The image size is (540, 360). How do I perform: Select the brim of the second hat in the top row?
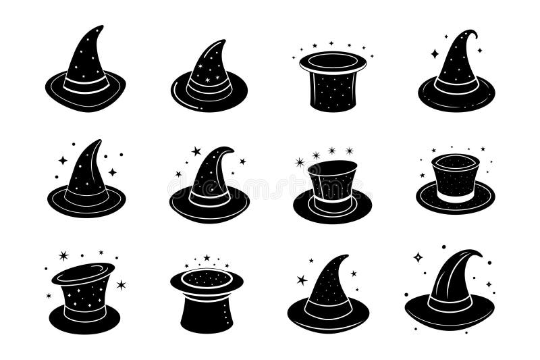pyautogui.click(x=209, y=100)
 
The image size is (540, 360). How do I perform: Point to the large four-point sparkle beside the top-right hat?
pyautogui.click(x=435, y=53)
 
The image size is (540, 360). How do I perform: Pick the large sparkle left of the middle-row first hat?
pyautogui.click(x=63, y=160)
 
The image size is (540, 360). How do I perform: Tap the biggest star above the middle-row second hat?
pyautogui.click(x=196, y=151)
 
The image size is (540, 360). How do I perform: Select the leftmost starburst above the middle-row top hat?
pyautogui.click(x=300, y=162)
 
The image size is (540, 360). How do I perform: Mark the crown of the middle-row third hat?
pyautogui.click(x=332, y=179)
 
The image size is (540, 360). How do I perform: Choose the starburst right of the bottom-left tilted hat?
pyautogui.click(x=121, y=284)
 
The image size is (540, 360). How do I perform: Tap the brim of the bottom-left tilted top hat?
pyautogui.click(x=84, y=321)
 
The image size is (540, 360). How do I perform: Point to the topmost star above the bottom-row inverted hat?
pyautogui.click(x=207, y=257)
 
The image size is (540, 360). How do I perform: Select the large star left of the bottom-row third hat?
pyautogui.click(x=302, y=280)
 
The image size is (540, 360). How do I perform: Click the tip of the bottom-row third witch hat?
pyautogui.click(x=347, y=256)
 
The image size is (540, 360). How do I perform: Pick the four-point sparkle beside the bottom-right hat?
pyautogui.click(x=418, y=257)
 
